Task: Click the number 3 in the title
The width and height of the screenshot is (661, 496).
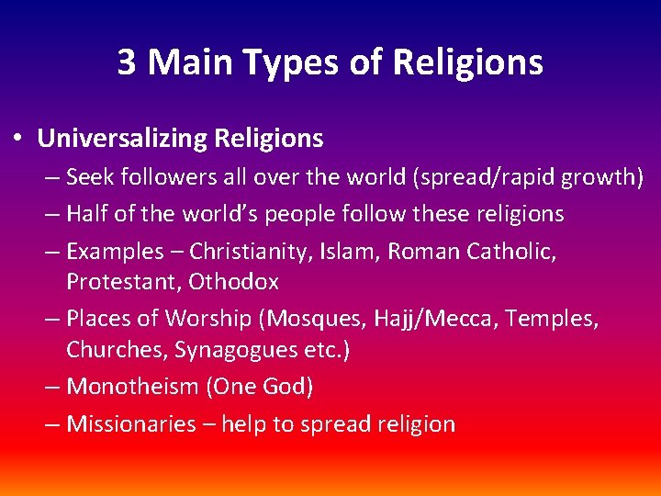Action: click(128, 62)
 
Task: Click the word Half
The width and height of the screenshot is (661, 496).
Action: click(88, 214)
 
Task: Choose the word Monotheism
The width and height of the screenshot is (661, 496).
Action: click(133, 387)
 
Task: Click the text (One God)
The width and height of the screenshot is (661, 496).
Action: click(261, 387)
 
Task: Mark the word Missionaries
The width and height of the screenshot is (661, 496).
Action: click(131, 424)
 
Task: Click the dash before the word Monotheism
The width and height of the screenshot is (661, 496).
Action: click(51, 387)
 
